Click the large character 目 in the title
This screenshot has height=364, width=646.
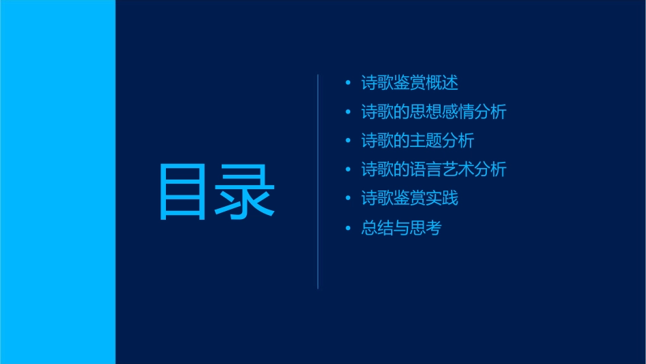(182, 192)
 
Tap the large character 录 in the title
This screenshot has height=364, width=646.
(245, 192)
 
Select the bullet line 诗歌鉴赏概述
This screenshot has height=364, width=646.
(409, 83)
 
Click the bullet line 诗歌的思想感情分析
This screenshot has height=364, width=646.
(434, 112)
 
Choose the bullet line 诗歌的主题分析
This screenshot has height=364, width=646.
(418, 141)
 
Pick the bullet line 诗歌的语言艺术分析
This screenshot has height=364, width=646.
(434, 169)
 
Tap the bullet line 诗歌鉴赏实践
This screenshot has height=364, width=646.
(409, 199)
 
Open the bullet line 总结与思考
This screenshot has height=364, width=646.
(401, 228)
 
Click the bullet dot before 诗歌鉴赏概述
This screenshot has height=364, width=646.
(348, 83)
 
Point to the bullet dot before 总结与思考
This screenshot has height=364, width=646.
(348, 228)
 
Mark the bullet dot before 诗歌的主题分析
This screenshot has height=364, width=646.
(348, 141)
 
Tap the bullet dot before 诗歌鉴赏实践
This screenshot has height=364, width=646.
(348, 199)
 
